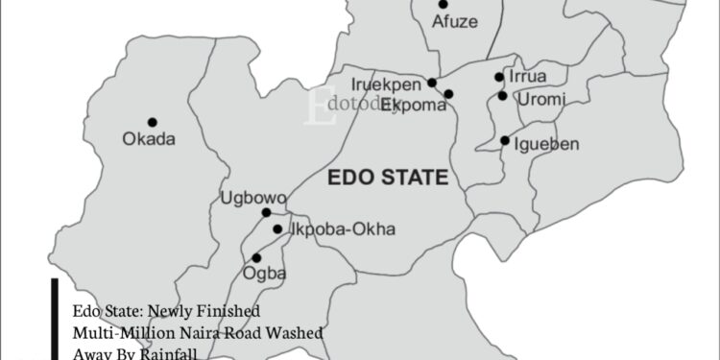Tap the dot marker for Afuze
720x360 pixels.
[443, 4]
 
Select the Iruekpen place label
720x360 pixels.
[387, 84]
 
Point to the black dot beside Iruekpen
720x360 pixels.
[432, 83]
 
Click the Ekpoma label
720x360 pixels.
[414, 105]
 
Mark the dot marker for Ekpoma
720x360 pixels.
[448, 93]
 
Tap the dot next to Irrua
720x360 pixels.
[499, 77]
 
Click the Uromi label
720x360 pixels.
[541, 98]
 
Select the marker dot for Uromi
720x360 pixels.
[502, 95]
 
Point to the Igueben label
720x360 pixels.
[547, 143]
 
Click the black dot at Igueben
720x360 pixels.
[505, 141]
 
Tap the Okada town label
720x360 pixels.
[149, 139]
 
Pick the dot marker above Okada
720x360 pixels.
[152, 121]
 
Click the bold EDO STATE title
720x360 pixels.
[388, 178]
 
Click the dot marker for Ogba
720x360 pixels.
[256, 257]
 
